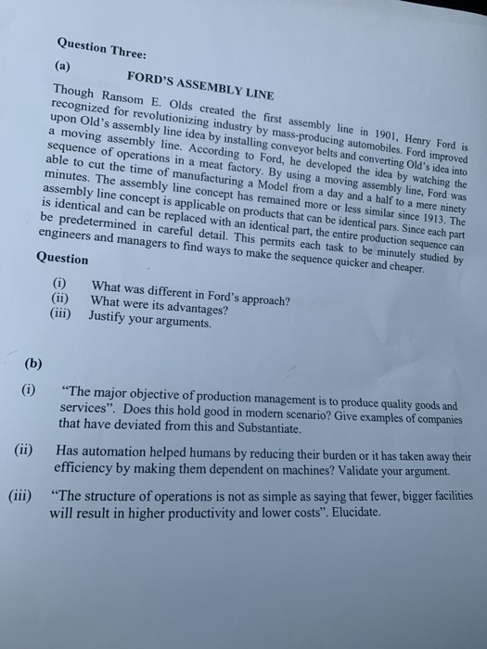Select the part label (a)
coord(68,69)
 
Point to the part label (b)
coord(35,363)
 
